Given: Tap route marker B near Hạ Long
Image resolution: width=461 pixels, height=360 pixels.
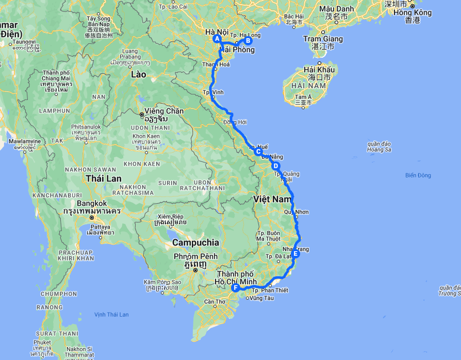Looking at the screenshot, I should [x=248, y=41].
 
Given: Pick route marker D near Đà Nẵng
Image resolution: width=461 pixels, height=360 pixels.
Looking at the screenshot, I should [x=276, y=166].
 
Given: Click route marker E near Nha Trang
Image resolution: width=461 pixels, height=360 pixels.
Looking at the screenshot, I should [x=295, y=254].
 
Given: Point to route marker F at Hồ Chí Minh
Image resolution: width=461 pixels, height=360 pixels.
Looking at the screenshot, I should [x=236, y=288].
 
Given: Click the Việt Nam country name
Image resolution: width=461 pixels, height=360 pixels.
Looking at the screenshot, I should [x=273, y=199].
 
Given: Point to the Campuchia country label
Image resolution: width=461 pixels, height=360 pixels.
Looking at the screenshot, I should [x=195, y=242].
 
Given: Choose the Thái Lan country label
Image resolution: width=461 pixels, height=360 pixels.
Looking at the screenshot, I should [x=104, y=178].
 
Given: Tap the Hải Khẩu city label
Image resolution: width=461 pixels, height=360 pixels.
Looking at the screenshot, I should [x=319, y=70].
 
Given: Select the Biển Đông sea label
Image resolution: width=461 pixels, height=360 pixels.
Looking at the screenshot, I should [x=418, y=175].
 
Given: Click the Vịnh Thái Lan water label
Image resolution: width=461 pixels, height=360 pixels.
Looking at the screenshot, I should [x=111, y=315].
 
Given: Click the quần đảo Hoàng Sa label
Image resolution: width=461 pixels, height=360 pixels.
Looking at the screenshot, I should [x=380, y=146].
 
